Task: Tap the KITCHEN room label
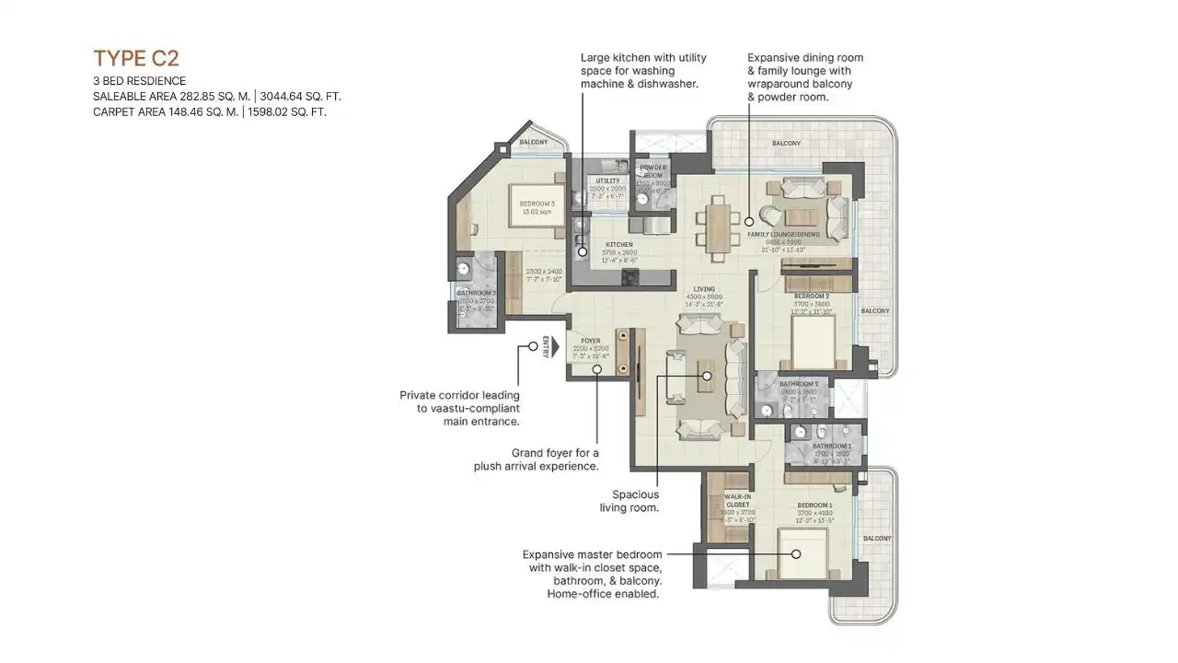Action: (x=619, y=245)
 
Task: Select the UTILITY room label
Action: (x=607, y=181)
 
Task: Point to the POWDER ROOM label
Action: (x=653, y=171)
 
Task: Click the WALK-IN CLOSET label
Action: (x=738, y=500)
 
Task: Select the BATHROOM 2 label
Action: (x=798, y=383)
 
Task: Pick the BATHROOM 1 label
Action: (x=831, y=446)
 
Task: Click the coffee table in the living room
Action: (x=704, y=377)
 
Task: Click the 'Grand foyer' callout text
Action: (x=537, y=459)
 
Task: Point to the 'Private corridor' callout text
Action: (x=460, y=408)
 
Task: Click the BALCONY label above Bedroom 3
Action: (x=533, y=142)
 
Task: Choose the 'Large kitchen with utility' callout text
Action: (x=643, y=70)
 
